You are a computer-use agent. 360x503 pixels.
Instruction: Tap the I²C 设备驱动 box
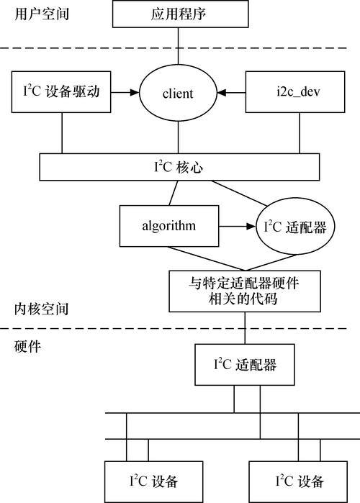(x=60, y=92)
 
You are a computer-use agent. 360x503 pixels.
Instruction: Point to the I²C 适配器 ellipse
(x=295, y=227)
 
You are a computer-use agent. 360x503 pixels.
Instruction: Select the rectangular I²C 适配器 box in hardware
(x=244, y=364)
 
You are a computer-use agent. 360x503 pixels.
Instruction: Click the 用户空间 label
(x=41, y=14)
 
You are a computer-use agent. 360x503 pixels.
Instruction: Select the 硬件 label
(x=28, y=346)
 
